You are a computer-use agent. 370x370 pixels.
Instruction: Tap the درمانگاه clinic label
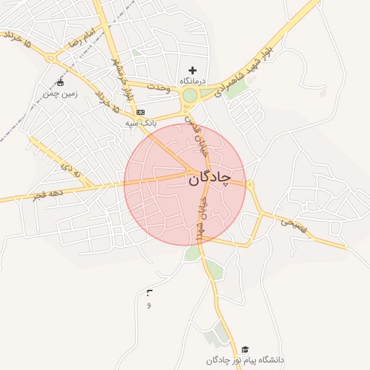click(x=192, y=81)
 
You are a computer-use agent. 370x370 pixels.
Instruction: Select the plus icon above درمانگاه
click(x=192, y=69)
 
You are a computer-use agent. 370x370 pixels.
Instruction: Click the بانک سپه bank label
click(x=140, y=124)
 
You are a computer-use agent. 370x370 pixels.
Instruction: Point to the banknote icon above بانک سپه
click(x=140, y=113)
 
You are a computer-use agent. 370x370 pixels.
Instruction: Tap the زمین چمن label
click(x=59, y=93)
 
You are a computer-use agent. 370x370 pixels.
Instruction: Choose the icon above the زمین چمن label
click(x=59, y=82)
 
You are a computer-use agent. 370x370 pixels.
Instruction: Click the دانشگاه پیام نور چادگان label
click(x=245, y=360)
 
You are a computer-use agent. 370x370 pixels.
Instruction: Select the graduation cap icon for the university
click(x=246, y=349)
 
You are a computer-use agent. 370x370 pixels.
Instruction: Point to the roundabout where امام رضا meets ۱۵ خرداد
click(x=51, y=58)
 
